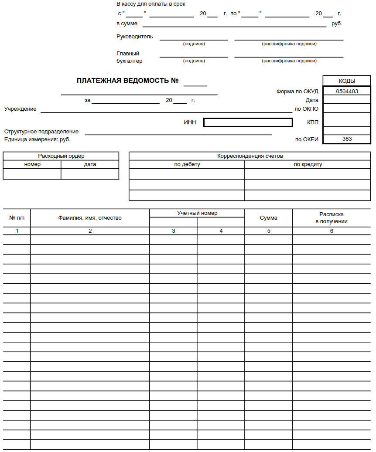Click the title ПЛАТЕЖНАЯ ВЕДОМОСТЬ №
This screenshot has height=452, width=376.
pos(128,81)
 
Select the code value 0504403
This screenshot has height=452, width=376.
pos(347,92)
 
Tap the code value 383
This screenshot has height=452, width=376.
pos(347,139)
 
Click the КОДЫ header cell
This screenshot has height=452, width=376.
pos(347,81)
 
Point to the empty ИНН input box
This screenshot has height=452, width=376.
pos(248,122)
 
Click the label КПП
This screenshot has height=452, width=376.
pos(313,122)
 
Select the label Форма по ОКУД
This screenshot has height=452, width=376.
pos(297,92)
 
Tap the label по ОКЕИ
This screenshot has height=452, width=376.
pos(307,139)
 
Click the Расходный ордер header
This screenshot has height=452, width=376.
pos(61,156)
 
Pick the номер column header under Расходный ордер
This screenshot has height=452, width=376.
pos(32,164)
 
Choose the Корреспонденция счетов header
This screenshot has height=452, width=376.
pos(250,156)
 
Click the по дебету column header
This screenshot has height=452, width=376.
pos(187,164)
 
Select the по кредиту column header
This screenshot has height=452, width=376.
pos(308,164)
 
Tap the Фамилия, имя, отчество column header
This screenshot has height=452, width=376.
pos(90,218)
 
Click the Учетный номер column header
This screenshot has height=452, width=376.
pos(197,213)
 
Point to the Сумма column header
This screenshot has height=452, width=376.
pos(269,218)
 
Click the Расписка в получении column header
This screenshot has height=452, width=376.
pos(332,218)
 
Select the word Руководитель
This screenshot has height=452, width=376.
pos(135,37)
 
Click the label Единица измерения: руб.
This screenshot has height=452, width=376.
pos(37,139)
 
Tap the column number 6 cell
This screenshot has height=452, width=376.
pos(332,231)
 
